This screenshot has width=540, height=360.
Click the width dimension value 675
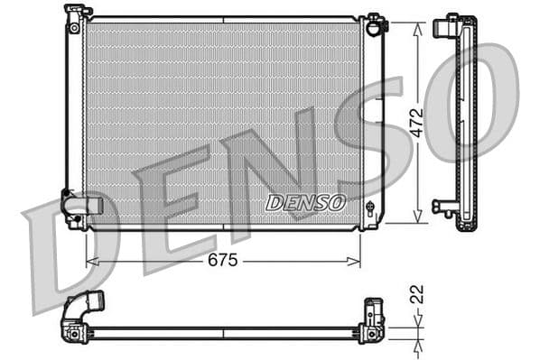coord(222,261)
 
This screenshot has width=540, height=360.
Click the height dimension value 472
coord(416,123)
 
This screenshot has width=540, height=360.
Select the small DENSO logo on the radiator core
coord(305,202)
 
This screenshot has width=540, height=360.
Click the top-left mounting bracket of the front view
coord(78,14)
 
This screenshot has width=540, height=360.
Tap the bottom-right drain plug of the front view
coord(370,208)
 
